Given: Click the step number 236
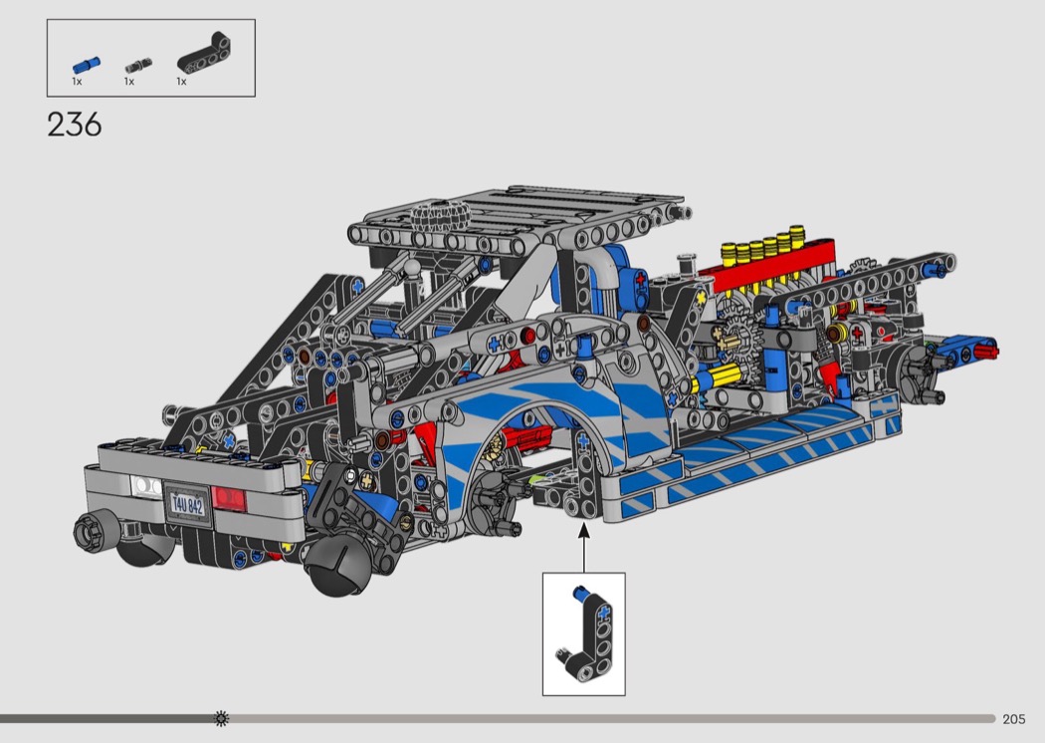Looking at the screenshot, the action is click(x=74, y=124).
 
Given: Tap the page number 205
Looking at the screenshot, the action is click(x=1013, y=719).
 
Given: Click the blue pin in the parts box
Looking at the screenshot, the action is click(x=86, y=65).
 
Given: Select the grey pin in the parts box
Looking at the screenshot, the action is click(x=138, y=66).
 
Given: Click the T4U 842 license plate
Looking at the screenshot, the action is click(x=187, y=505).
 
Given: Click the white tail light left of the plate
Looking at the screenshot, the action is click(x=146, y=486).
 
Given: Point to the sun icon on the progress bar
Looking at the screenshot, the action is click(x=221, y=718).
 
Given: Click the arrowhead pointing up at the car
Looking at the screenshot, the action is click(x=584, y=530).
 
